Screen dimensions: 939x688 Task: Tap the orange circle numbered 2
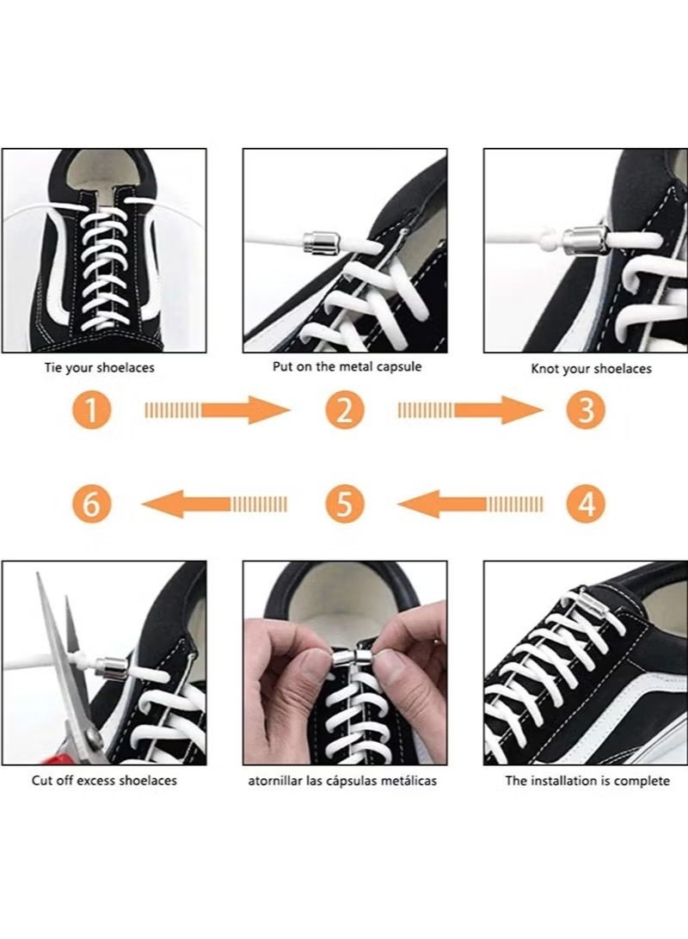344,410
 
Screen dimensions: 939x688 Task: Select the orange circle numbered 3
586,410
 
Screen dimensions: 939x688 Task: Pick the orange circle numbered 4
586,503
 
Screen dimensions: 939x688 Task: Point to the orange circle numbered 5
344,503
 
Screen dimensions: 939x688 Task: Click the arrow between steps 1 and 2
218,410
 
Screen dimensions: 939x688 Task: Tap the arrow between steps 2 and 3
470,410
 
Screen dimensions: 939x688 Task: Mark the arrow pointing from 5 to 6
215,503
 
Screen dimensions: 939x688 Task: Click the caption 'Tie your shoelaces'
100,368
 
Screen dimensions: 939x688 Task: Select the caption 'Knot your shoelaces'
591,369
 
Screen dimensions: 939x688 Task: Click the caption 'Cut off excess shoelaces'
104,780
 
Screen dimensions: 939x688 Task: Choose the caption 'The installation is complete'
587,781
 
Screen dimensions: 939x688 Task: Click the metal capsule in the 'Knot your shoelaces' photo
586,238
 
